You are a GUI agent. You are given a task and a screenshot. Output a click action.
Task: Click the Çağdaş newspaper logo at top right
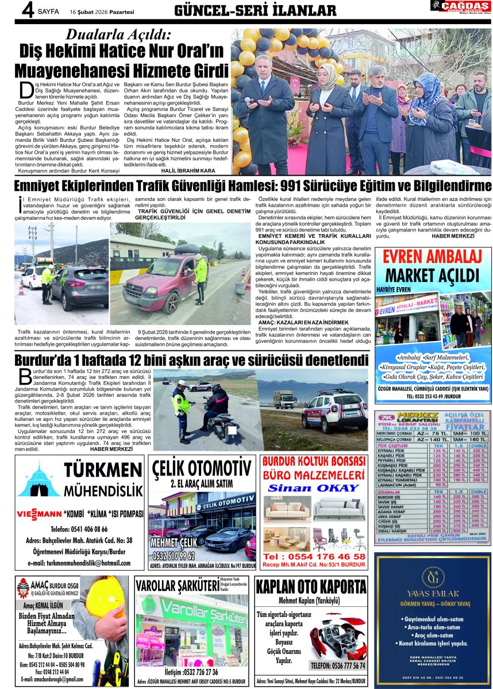[460, 7]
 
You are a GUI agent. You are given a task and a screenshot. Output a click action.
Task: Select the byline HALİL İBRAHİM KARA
[188, 171]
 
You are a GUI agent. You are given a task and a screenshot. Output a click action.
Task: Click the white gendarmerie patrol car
[334, 412]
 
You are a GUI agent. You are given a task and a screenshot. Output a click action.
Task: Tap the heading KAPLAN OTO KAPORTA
[311, 587]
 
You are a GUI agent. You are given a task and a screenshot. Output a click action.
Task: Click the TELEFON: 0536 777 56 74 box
[337, 665]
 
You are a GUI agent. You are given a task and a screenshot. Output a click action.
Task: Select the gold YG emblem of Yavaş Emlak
[433, 575]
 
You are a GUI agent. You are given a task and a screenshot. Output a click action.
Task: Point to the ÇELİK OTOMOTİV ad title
[202, 468]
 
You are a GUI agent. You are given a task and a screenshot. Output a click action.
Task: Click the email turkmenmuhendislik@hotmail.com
[79, 563]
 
